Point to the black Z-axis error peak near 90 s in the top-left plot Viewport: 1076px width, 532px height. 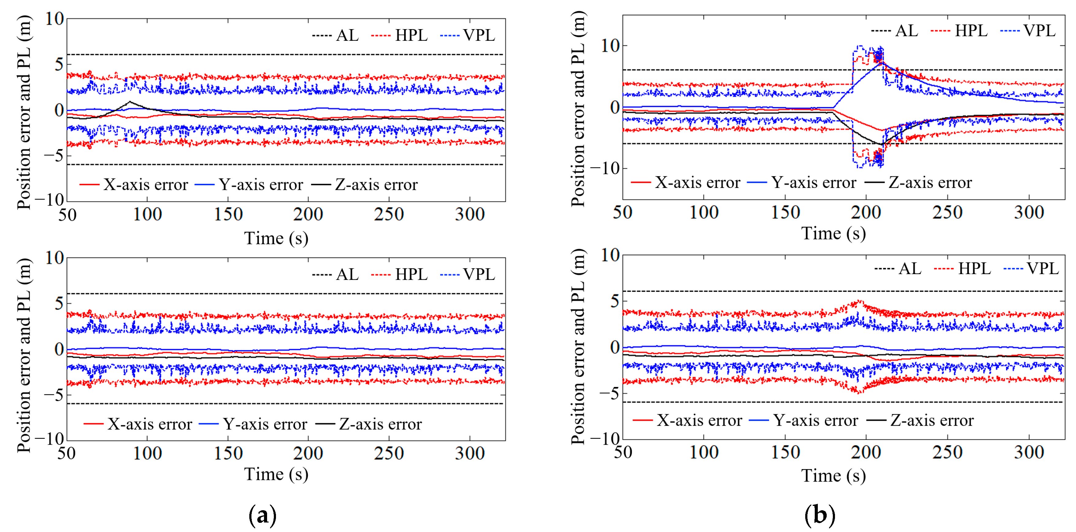(130, 101)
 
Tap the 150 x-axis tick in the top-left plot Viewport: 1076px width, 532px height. (228, 215)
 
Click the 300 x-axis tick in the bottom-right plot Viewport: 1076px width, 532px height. (1029, 453)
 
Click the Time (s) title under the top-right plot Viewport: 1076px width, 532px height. (833, 233)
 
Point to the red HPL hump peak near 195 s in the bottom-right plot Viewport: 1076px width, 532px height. (859, 301)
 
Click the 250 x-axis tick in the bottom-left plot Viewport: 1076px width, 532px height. (389, 454)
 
